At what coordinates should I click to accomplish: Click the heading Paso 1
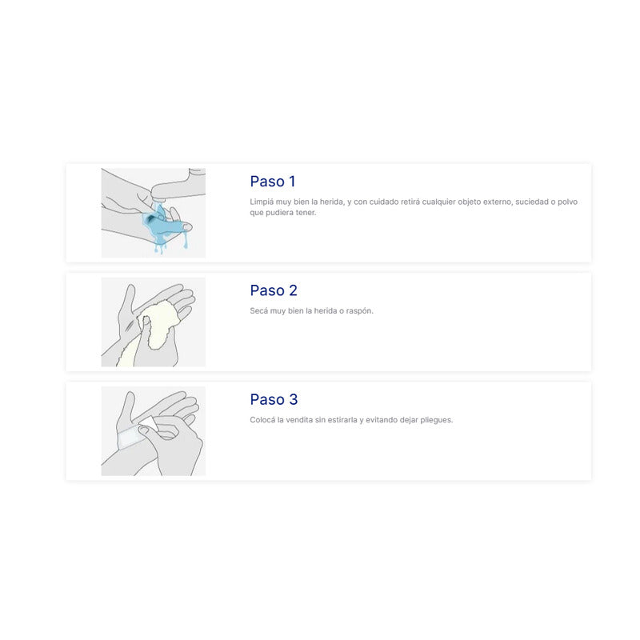coord(273,182)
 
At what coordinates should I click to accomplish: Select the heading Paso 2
coord(274,290)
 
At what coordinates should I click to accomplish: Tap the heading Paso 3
coord(274,399)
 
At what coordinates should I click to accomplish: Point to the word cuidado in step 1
coord(384,202)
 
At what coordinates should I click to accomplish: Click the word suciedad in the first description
coord(532,202)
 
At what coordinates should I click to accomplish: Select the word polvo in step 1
coord(568,202)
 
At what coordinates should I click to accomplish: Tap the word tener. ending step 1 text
coord(306,213)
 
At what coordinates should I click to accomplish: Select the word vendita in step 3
coord(299,419)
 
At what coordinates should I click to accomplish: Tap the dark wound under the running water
coord(151,218)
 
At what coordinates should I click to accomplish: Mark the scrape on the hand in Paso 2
coord(130,326)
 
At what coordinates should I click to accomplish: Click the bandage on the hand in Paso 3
coord(131,438)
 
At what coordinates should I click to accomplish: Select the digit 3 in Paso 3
coord(294,399)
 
